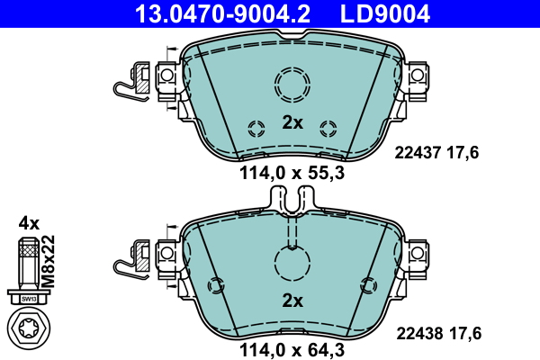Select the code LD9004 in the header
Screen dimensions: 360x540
click(383, 13)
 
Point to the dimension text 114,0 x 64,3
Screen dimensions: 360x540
click(292, 352)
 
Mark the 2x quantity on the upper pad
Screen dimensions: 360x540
click(292, 122)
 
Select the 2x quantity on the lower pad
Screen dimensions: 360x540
click(292, 301)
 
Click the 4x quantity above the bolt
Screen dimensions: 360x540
click(29, 222)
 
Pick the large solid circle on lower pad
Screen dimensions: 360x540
click(292, 264)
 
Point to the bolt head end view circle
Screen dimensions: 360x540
click(29, 328)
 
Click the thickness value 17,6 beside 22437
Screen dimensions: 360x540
click(464, 153)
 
